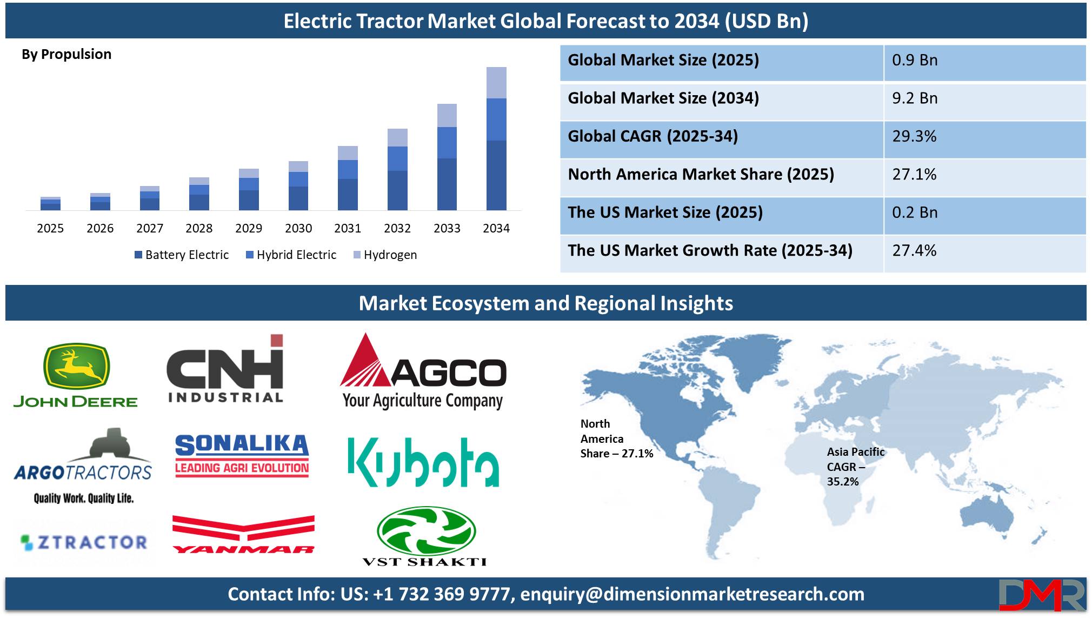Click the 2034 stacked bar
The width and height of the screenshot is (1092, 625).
point(496,138)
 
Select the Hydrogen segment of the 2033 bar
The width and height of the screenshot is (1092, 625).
point(447,115)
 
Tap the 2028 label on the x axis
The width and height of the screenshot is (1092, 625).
point(199,228)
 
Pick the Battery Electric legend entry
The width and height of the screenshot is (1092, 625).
point(182,255)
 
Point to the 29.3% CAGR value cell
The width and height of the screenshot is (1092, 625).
point(914,136)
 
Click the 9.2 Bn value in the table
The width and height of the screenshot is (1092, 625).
point(915,98)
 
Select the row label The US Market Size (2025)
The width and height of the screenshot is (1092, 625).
point(665,212)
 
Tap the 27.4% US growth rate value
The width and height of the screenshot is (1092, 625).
point(914,250)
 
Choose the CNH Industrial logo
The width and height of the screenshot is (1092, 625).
point(225,368)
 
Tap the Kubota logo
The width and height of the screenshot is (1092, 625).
point(423,462)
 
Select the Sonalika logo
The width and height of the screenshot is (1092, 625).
point(242,456)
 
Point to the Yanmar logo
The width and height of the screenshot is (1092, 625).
point(243,534)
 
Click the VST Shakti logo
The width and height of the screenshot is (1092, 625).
point(425,536)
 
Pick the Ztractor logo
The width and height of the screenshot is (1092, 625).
point(84,542)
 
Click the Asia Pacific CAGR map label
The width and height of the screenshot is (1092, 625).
point(855,467)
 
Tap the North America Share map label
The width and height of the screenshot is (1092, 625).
point(617,438)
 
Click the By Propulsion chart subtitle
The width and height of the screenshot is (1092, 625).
point(66,55)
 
